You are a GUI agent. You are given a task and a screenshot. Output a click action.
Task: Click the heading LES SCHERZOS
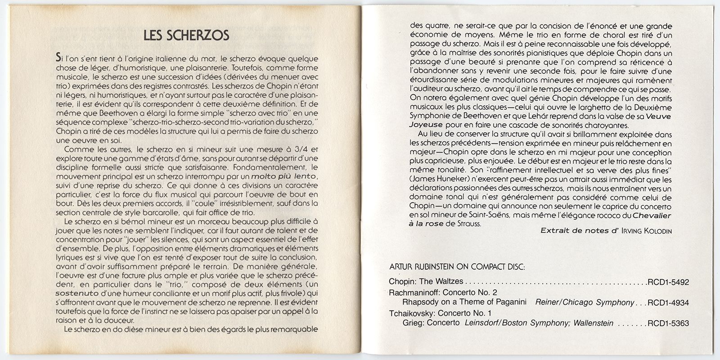pyautogui.click(x=186, y=36)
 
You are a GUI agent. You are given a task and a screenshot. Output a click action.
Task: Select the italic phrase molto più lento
pyautogui.click(x=284, y=175)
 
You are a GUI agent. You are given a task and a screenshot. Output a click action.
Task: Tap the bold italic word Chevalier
pyautogui.click(x=652, y=215)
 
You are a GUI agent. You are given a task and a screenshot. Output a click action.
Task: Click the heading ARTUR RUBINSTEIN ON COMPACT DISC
pyautogui.click(x=456, y=266)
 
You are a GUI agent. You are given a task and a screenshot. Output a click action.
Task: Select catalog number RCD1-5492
pyautogui.click(x=668, y=283)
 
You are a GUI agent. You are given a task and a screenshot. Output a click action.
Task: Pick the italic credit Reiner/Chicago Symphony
pyautogui.click(x=585, y=303)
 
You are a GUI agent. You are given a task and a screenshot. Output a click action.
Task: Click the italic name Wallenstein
pyautogui.click(x=593, y=323)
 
